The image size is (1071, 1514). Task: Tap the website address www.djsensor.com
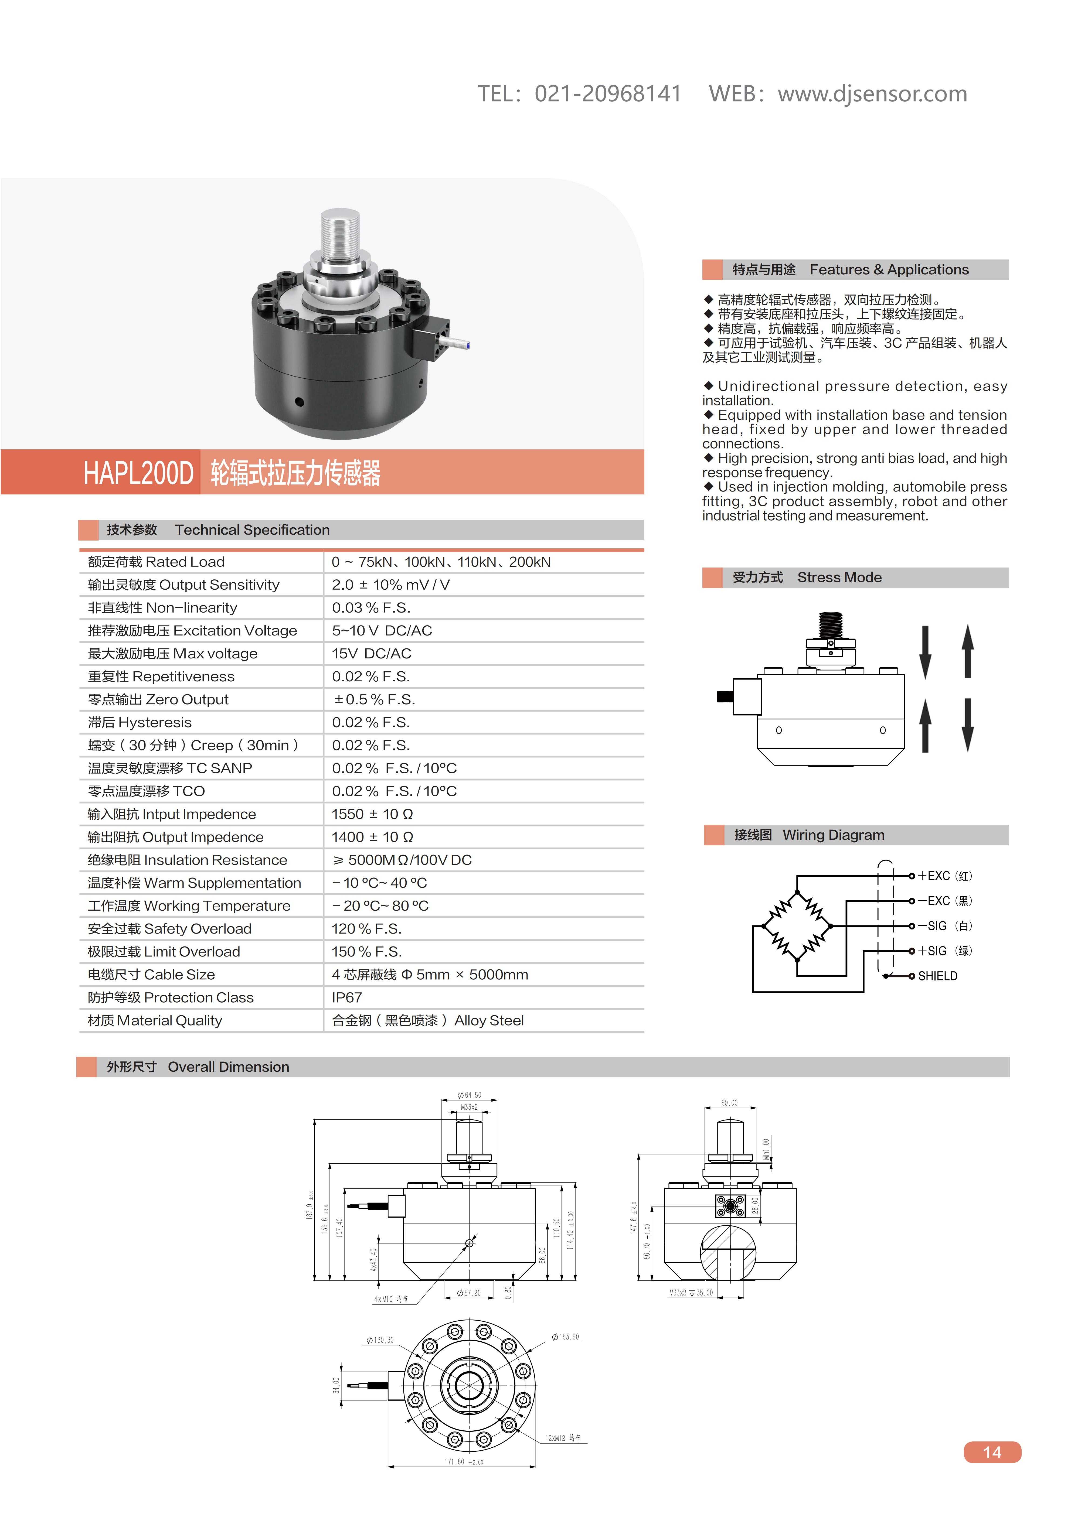pyautogui.click(x=872, y=94)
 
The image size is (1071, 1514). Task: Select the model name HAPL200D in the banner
pyautogui.click(x=138, y=473)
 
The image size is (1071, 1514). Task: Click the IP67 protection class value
pyautogui.click(x=347, y=997)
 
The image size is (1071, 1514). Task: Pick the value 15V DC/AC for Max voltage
pyautogui.click(x=371, y=654)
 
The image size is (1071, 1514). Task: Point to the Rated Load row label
pyautogui.click(x=156, y=562)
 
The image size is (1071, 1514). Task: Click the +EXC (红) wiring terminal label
pyautogui.click(x=944, y=876)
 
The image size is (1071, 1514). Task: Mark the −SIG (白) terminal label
pyautogui.click(x=944, y=926)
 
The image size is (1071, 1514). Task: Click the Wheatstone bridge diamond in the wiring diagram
pyautogui.click(x=797, y=926)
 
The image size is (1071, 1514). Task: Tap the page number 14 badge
pyautogui.click(x=992, y=1452)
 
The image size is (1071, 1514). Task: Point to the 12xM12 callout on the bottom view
pyautogui.click(x=563, y=1437)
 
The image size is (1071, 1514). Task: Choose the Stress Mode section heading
pyautogui.click(x=839, y=578)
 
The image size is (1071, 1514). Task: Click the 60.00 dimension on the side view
pyautogui.click(x=729, y=1103)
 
